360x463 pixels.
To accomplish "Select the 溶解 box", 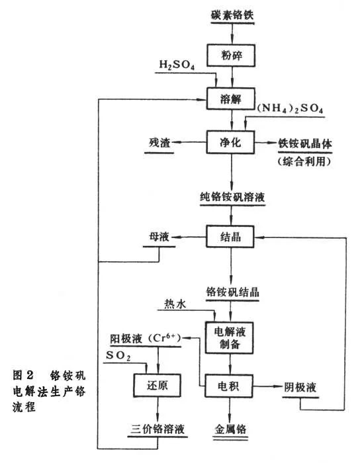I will point(232,99).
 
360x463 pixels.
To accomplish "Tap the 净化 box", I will point(232,142).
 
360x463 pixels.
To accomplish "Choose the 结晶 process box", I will point(232,235).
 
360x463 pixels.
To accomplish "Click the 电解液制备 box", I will point(231,335).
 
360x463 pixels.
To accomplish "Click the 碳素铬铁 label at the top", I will point(232,14).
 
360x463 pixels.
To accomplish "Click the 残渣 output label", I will point(161,142).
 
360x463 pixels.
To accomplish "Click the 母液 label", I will point(161,235).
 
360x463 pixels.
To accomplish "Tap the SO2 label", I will point(119,357).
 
